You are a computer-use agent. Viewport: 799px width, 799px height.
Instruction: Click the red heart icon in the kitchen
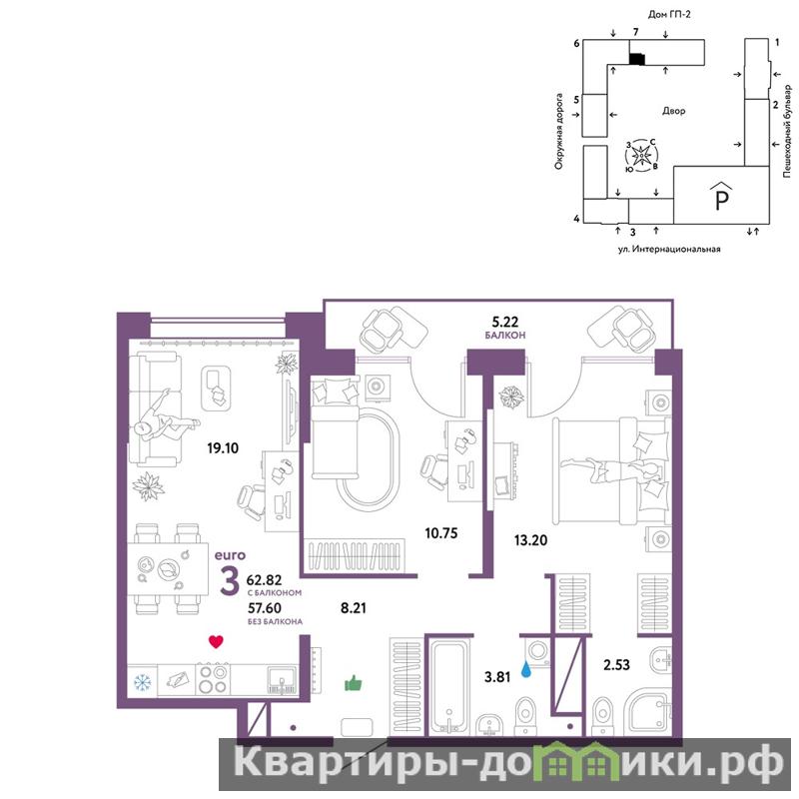[x=216, y=641]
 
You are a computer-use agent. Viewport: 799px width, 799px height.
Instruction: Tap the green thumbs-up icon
[x=354, y=683]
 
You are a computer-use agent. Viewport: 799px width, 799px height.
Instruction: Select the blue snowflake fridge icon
[x=142, y=682]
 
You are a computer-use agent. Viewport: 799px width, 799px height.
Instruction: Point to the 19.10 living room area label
[x=223, y=448]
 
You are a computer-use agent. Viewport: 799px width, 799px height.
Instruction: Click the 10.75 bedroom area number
[x=441, y=533]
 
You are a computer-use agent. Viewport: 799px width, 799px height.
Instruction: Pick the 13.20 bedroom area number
[x=531, y=540]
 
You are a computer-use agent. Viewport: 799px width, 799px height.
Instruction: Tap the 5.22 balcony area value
[x=505, y=322]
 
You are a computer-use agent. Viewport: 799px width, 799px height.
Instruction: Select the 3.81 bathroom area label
[x=496, y=678]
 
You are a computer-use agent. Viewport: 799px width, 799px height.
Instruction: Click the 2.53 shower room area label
[x=616, y=665]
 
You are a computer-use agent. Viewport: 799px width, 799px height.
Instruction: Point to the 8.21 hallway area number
[x=354, y=608]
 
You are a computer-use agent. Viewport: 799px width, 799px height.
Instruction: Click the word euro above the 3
[x=230, y=555]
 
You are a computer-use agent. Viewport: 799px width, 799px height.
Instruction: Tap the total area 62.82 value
[x=264, y=580]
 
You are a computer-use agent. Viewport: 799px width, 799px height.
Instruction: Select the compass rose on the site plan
[x=641, y=155]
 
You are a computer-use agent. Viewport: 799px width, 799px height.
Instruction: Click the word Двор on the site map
[x=673, y=111]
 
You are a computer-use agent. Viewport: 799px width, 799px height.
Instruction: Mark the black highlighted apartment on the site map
[x=637, y=59]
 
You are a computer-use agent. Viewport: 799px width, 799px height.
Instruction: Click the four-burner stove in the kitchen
[x=213, y=679]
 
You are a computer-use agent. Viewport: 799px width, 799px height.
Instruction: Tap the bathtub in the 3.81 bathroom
[x=448, y=686]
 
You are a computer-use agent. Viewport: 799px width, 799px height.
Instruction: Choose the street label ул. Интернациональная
[x=669, y=249]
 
